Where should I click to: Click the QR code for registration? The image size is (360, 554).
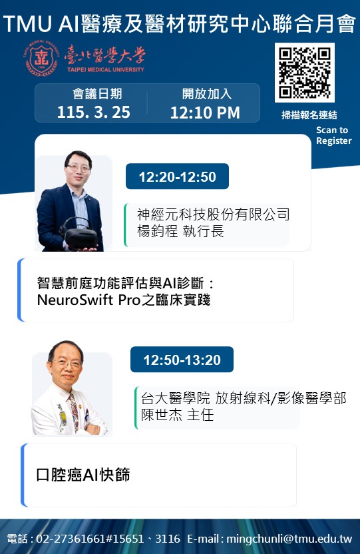[x=305, y=73]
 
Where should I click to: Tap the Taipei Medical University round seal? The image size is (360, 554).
[x=41, y=59]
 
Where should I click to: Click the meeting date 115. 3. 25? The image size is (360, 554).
[x=94, y=112]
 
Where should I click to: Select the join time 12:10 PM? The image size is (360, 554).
[x=205, y=113]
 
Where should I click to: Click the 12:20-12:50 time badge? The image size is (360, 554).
[x=177, y=176]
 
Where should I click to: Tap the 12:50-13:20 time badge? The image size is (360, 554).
[x=182, y=360]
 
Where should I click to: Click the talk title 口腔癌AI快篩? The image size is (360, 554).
[x=83, y=475]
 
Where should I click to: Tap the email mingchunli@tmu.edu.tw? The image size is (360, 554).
[x=289, y=539]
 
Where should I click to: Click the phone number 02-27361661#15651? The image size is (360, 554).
[x=90, y=539]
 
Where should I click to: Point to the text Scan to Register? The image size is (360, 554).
[x=333, y=135]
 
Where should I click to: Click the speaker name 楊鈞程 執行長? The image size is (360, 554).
[x=180, y=232]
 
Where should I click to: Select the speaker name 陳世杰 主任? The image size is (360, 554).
[x=177, y=415]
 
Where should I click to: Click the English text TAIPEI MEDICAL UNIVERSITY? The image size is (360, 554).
[x=106, y=70]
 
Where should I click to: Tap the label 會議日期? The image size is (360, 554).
[x=97, y=94]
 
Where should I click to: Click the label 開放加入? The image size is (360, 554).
[x=207, y=94]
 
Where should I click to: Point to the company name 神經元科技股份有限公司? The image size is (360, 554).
[x=213, y=214]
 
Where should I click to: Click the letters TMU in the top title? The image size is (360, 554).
[x=27, y=24]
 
